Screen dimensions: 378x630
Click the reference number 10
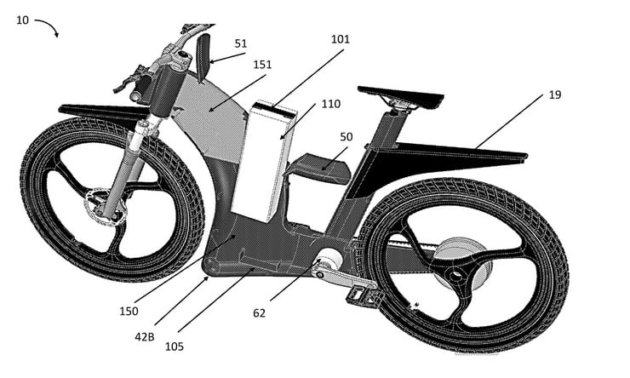point(23,19)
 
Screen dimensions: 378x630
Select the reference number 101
point(341,38)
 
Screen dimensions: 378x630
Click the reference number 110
point(330,104)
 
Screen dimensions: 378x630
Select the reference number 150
point(129,311)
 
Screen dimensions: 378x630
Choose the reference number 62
point(259,312)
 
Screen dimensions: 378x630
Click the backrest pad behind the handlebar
point(203,56)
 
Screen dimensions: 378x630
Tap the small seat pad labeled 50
point(318,167)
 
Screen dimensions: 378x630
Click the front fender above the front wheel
point(94,112)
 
